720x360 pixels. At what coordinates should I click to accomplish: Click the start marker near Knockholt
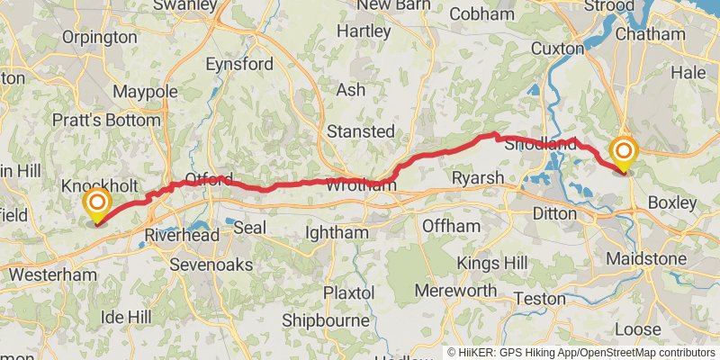pos(96,202)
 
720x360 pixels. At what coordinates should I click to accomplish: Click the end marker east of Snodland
pos(623,151)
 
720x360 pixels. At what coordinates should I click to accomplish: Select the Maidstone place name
pos(646,259)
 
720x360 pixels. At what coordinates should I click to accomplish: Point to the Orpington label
pos(100,38)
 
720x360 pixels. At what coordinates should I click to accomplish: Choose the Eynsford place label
pos(239,65)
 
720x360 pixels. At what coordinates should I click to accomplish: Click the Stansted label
pos(360,131)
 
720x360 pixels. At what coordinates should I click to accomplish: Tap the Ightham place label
pos(337,233)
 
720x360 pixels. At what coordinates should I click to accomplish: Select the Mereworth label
pos(455,291)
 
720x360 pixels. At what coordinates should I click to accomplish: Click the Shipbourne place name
pos(326,320)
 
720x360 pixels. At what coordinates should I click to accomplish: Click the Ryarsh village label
pos(478,178)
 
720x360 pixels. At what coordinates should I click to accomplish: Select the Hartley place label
pos(364,31)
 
